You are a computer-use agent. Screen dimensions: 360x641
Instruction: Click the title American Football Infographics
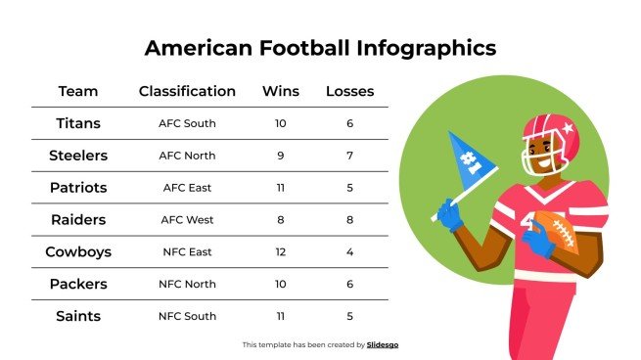(x=320, y=48)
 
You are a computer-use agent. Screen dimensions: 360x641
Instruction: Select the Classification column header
(x=187, y=92)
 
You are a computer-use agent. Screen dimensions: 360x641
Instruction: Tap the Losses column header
(x=349, y=92)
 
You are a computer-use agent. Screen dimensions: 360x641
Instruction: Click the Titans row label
(x=78, y=124)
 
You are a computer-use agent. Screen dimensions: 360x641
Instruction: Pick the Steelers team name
(x=78, y=156)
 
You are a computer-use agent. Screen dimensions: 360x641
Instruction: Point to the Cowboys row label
(x=78, y=251)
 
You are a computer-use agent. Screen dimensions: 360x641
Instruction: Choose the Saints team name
(x=78, y=316)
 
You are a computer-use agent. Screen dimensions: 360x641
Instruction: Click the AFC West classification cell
(x=187, y=220)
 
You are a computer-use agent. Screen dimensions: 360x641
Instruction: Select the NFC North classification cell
(x=187, y=284)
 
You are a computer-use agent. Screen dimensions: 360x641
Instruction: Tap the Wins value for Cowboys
(x=281, y=251)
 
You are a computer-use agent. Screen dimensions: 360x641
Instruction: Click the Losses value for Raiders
(x=349, y=220)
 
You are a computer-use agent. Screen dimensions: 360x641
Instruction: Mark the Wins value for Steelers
(x=281, y=156)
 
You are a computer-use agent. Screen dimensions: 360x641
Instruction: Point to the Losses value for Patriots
(x=349, y=188)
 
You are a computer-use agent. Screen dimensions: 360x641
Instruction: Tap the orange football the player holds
(x=559, y=234)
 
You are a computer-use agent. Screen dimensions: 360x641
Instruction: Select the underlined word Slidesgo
(x=383, y=344)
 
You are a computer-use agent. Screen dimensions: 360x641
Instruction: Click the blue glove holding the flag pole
(x=450, y=214)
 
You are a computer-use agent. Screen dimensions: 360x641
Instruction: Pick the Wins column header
(x=281, y=92)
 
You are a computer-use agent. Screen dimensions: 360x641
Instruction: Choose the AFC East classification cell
(x=187, y=188)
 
